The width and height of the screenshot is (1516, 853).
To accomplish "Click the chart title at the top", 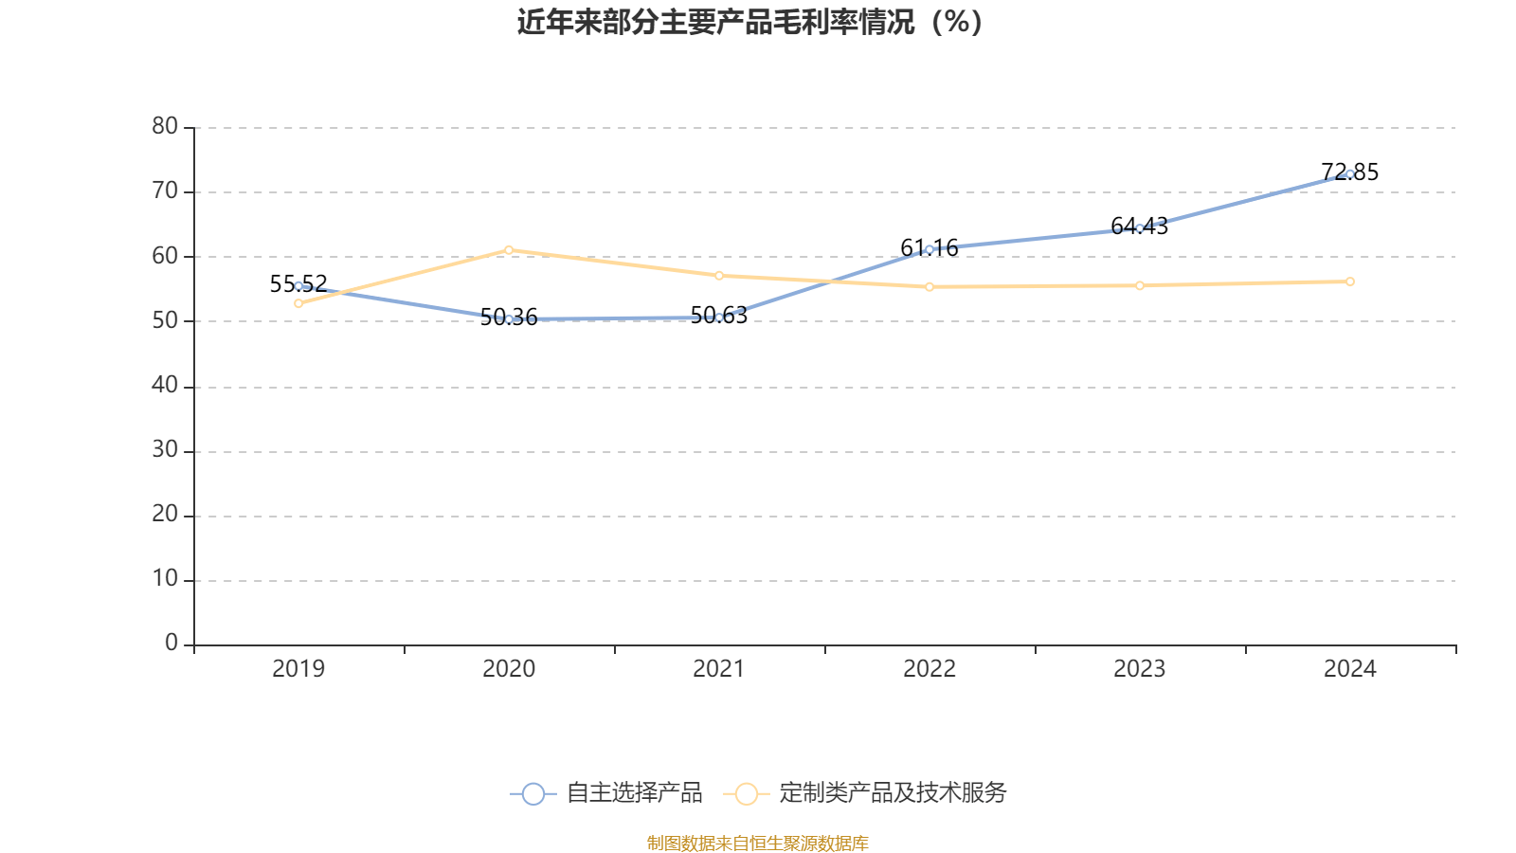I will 749,23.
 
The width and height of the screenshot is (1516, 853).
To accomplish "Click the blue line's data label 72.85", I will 1349,172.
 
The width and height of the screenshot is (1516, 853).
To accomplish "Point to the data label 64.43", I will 1139,227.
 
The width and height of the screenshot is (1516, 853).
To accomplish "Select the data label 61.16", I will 929,248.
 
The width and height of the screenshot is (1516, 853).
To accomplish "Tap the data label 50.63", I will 718,316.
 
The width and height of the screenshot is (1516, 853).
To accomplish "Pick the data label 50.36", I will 508,318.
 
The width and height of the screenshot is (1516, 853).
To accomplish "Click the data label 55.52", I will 298,283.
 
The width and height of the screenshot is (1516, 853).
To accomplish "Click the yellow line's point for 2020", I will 509,250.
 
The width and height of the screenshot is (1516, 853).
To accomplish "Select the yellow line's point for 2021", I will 719,276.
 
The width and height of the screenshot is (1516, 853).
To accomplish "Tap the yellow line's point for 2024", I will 1350,281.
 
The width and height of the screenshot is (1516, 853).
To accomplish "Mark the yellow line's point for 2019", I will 298,303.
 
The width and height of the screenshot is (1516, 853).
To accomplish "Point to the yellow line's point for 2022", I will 929,286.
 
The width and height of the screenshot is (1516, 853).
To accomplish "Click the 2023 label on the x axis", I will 1139,669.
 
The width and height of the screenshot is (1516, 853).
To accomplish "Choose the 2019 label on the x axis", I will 298,669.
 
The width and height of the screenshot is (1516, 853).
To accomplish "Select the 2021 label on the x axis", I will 718,669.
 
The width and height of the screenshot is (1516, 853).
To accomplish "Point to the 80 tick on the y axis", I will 165,126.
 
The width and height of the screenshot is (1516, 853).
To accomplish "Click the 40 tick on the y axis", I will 165,385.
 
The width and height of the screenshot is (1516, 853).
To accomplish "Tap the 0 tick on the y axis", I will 171,644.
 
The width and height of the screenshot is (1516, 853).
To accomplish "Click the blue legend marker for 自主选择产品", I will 533,793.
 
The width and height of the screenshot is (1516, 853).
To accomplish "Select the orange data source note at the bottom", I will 757,844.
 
